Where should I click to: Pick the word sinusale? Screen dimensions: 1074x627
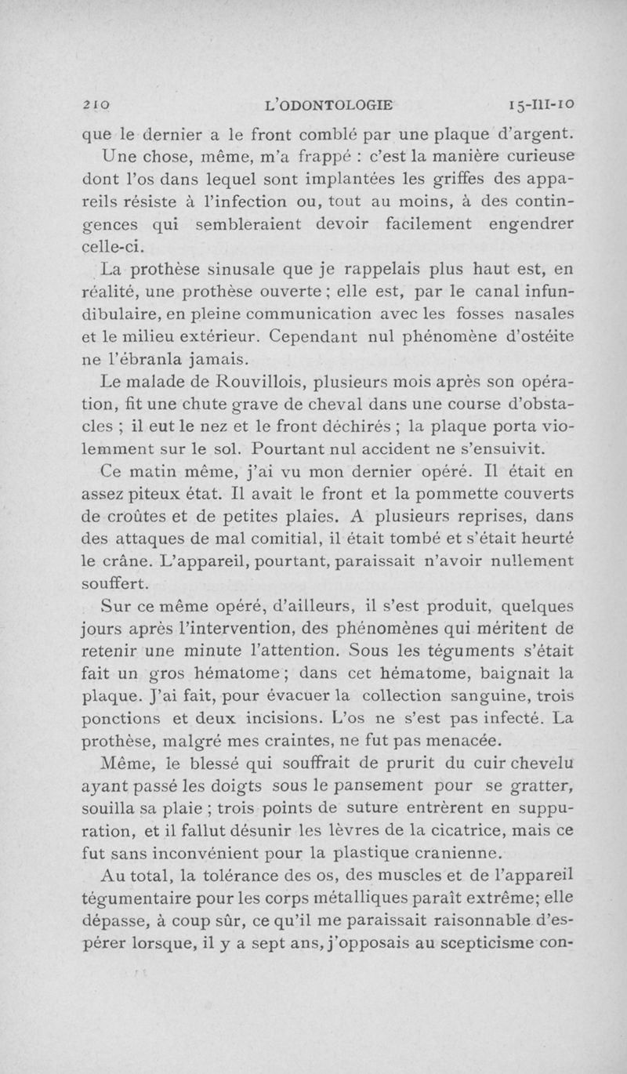pyautogui.click(x=234, y=271)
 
